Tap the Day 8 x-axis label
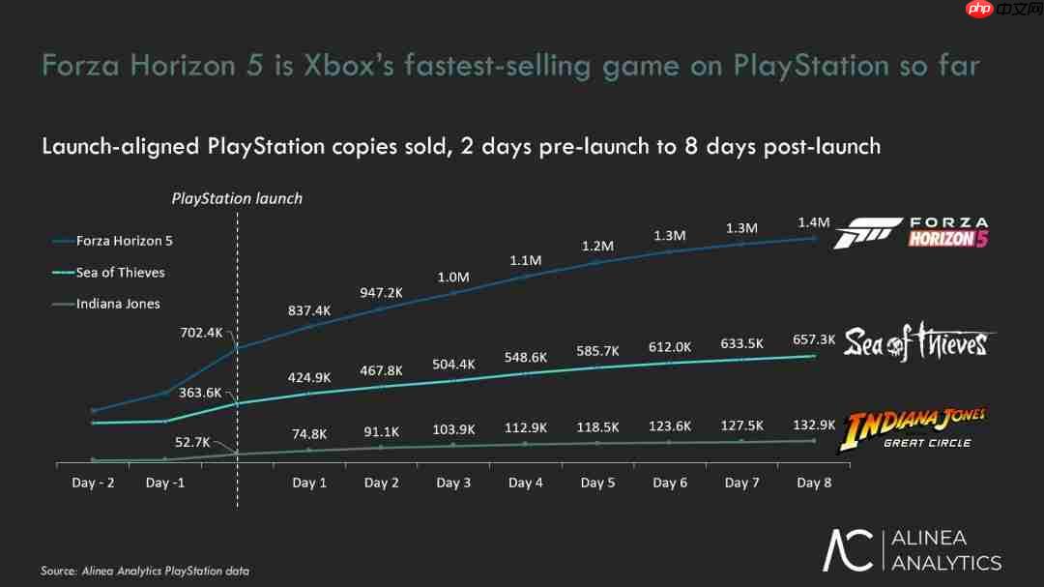(x=813, y=483)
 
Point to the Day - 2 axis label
(x=93, y=483)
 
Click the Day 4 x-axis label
(x=526, y=483)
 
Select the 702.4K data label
(x=201, y=333)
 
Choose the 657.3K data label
(x=813, y=340)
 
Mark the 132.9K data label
(x=813, y=426)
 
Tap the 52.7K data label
(x=192, y=442)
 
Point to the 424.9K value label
(x=310, y=377)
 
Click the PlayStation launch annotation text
(x=237, y=198)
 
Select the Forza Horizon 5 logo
(x=911, y=233)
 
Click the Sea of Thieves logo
(x=916, y=342)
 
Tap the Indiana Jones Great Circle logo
(x=915, y=429)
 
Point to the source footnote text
(x=145, y=571)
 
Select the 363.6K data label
(x=201, y=393)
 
